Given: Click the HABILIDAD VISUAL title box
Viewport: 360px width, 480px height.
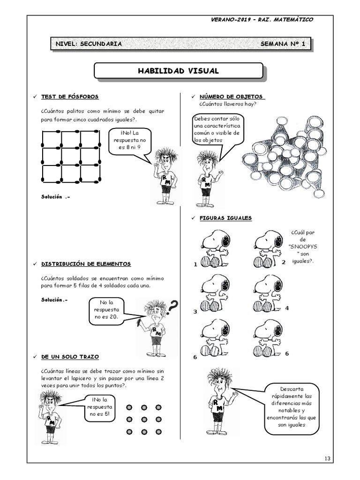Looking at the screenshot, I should (x=178, y=71).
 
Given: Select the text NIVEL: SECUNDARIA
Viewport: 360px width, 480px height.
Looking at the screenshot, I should (x=89, y=44).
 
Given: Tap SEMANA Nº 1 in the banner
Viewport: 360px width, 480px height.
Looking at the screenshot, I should (x=283, y=44).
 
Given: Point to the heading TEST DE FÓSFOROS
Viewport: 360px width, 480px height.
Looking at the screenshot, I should (x=70, y=97).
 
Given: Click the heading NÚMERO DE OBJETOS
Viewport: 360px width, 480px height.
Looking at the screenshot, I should (x=231, y=97).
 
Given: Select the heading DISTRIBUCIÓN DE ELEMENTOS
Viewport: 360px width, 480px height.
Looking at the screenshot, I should (x=86, y=264).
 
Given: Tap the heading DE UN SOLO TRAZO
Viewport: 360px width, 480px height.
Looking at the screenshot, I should (x=70, y=357).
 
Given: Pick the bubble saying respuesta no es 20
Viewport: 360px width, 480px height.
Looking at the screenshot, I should (x=107, y=310).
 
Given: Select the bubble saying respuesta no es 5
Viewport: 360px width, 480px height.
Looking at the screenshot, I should (x=99, y=406).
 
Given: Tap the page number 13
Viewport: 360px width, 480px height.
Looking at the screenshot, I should (x=327, y=457).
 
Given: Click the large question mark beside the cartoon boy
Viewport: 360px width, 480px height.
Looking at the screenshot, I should (x=172, y=307).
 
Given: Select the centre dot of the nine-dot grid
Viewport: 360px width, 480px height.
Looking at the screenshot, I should (x=144, y=419).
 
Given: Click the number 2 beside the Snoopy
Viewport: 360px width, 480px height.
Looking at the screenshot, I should (x=283, y=262).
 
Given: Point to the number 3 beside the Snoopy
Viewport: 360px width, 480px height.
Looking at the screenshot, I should (x=195, y=312).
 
